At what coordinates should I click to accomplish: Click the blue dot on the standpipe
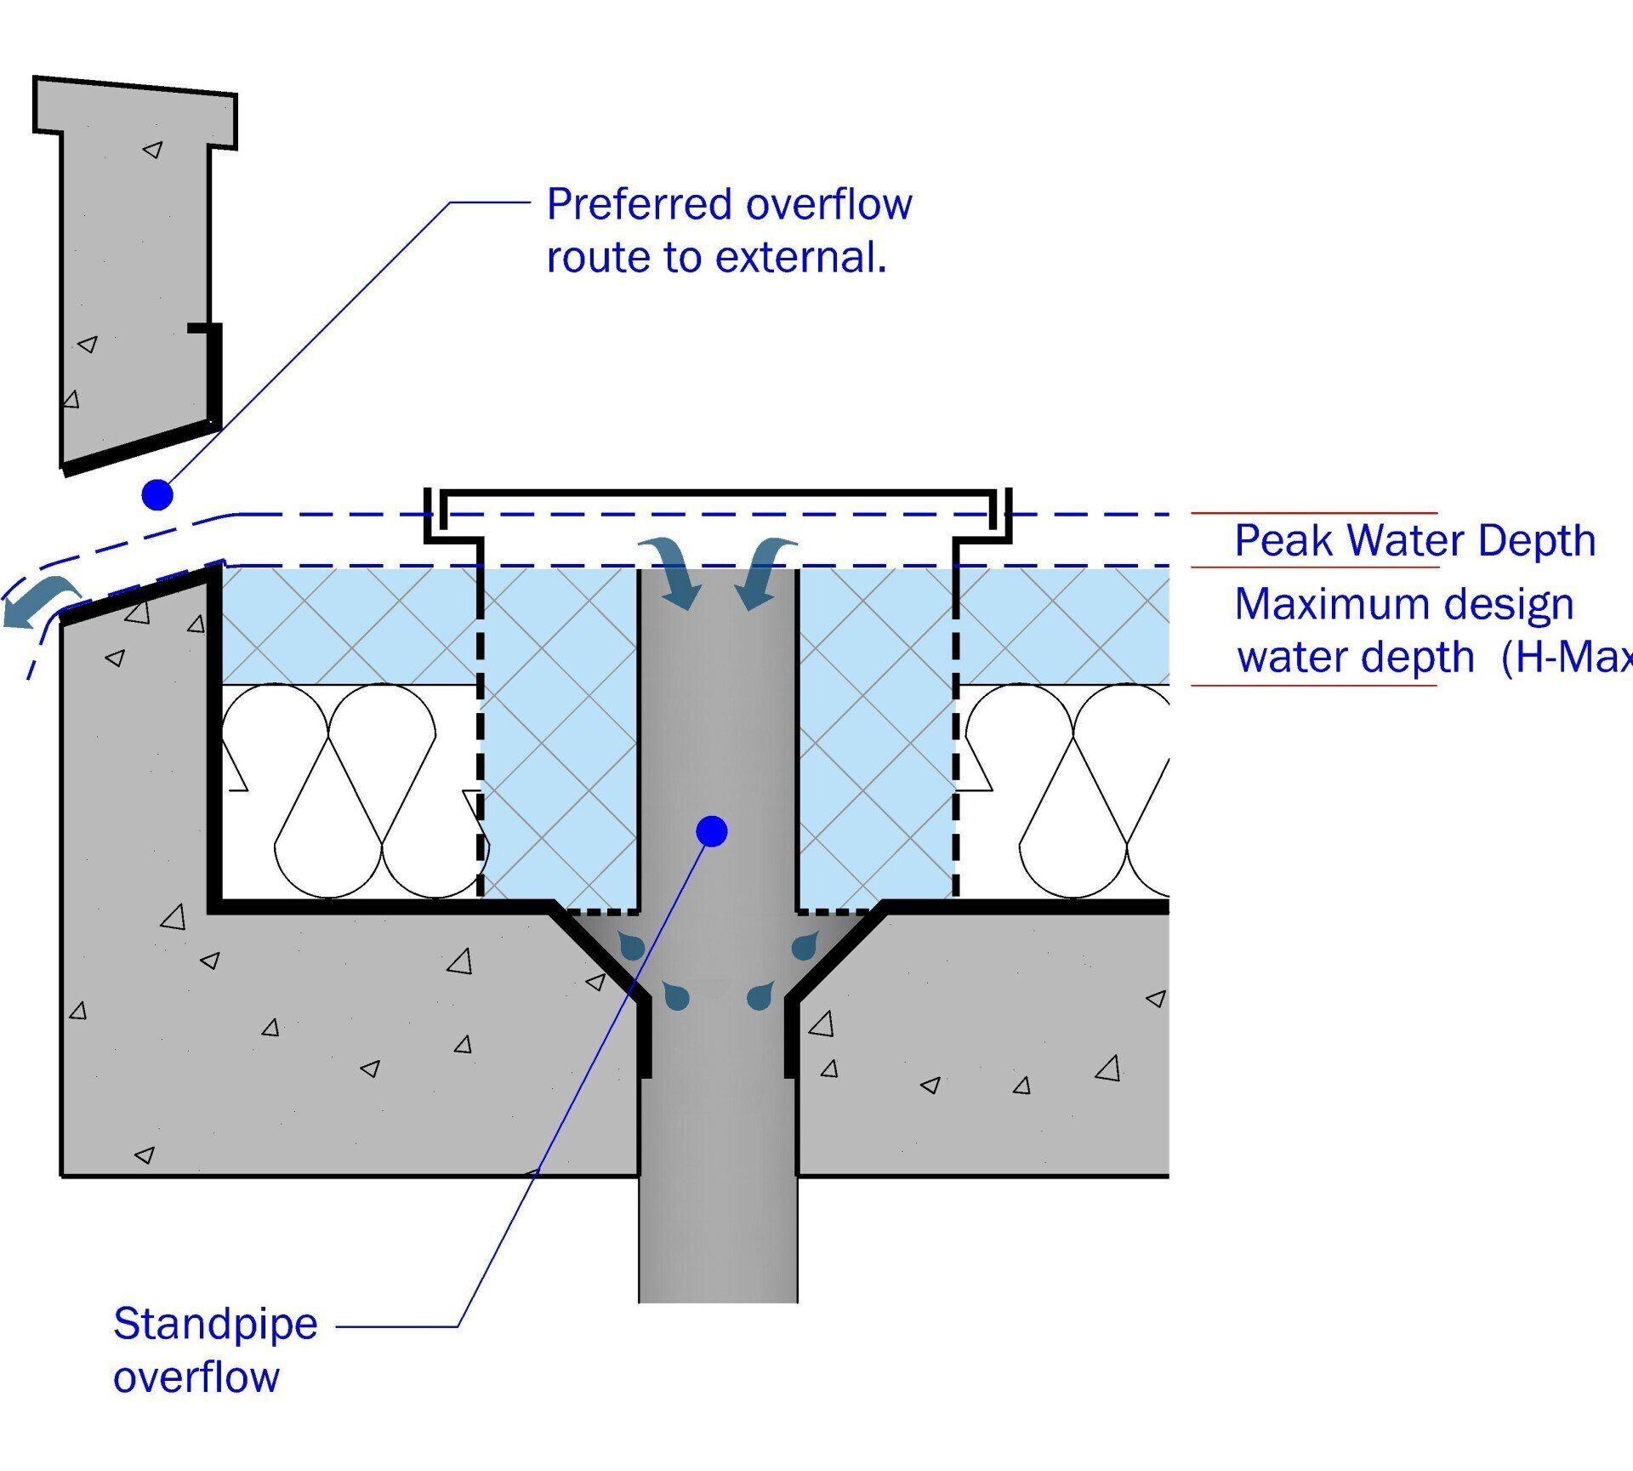click(x=711, y=831)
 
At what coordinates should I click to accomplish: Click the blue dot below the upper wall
click(x=157, y=494)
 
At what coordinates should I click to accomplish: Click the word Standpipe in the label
click(x=215, y=1324)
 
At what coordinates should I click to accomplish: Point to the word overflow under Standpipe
click(x=196, y=1377)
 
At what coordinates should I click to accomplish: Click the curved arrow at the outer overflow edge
click(x=40, y=600)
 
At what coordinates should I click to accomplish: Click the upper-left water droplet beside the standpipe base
click(x=632, y=944)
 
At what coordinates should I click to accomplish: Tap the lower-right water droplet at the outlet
click(x=760, y=995)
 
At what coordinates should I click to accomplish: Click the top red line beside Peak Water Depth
click(x=1313, y=513)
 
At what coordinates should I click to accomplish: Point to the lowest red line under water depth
click(x=1313, y=685)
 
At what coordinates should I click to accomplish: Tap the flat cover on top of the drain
click(x=718, y=493)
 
